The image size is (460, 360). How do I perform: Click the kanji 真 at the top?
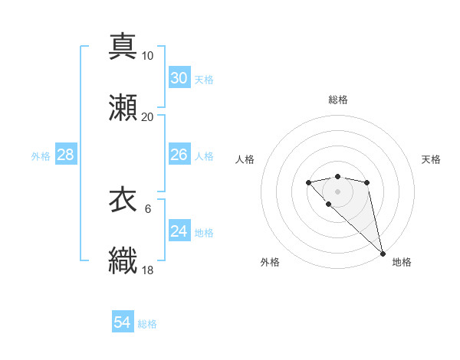pyautogui.click(x=123, y=45)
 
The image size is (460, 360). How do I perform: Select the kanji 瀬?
pyautogui.click(x=123, y=106)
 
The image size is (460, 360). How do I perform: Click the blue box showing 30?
pyautogui.click(x=179, y=77)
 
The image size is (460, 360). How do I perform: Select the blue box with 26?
pyautogui.click(x=179, y=155)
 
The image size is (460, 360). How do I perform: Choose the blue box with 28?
pyautogui.click(x=66, y=155)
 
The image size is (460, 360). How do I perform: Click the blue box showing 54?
pyautogui.click(x=123, y=322)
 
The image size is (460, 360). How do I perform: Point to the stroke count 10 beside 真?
pyautogui.click(x=147, y=55)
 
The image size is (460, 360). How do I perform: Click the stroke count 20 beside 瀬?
pyautogui.click(x=147, y=116)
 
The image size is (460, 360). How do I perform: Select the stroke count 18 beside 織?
pyautogui.click(x=147, y=270)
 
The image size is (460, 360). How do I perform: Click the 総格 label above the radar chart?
pyautogui.click(x=337, y=100)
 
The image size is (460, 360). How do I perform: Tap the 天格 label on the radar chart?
pyautogui.click(x=432, y=159)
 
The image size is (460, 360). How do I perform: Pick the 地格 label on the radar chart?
pyautogui.click(x=402, y=262)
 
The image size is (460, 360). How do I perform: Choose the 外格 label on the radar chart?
pyautogui.click(x=270, y=262)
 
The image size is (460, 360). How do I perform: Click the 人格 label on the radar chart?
pyautogui.click(x=245, y=159)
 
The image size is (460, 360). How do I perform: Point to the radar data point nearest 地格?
pyautogui.click(x=383, y=254)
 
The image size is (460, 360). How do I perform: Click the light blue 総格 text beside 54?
pyautogui.click(x=147, y=324)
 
